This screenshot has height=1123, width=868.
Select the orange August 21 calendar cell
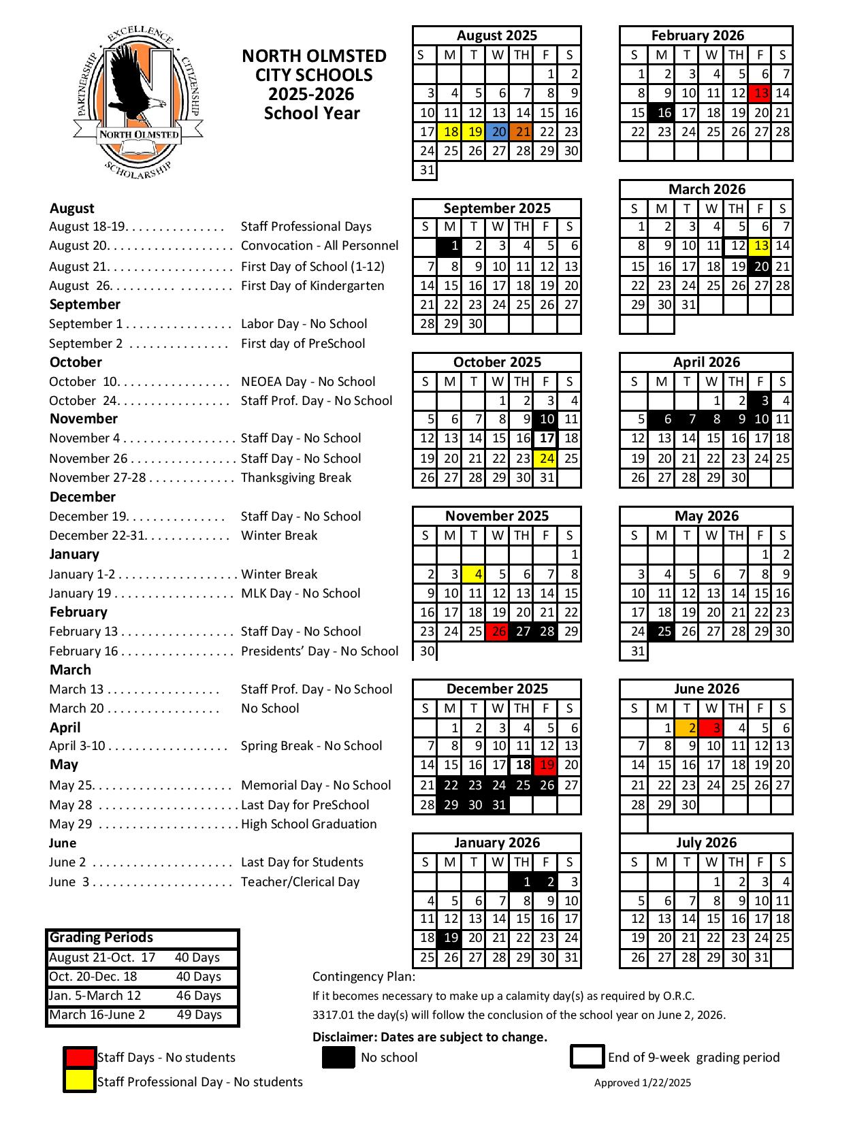pos(521,132)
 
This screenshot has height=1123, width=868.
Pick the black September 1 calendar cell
pos(449,246)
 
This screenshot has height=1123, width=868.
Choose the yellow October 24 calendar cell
pos(546,459)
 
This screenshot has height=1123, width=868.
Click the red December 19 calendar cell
pos(546,765)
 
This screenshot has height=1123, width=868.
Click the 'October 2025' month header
pos(497,362)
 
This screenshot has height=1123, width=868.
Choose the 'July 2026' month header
pos(706,843)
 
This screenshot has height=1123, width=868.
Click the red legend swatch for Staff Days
pos(80,1058)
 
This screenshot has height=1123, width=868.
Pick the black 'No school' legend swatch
pos(338,1057)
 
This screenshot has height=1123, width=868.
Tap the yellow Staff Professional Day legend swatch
pos(80,1081)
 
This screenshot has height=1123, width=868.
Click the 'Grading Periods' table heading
pos(101,938)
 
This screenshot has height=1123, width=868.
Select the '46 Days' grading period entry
pos(198,996)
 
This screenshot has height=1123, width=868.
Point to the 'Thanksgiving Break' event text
pos(296,478)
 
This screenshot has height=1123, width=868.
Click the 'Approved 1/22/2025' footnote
pos(642,1083)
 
